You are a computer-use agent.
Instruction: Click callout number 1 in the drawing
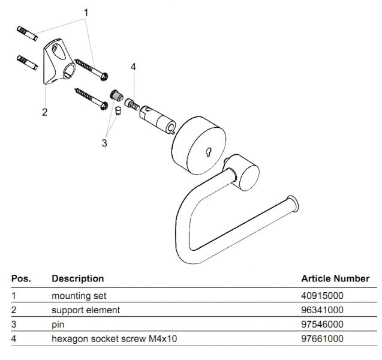86,12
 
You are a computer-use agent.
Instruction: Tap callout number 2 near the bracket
45,112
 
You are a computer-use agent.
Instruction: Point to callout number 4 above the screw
133,67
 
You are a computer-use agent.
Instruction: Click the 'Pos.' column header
21,278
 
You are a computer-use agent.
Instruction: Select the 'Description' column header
78,278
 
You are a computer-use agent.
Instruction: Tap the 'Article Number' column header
335,278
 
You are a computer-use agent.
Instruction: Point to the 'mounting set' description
79,296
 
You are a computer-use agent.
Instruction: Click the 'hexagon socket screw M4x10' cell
114,339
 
